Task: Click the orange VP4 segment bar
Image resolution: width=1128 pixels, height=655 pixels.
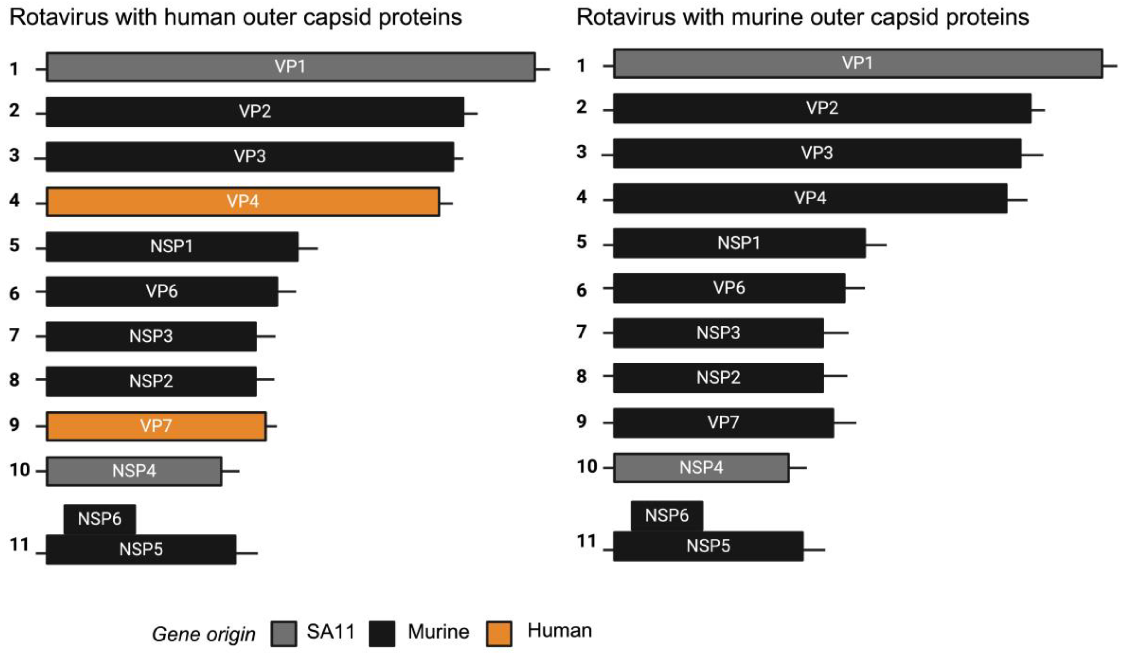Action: tap(243, 202)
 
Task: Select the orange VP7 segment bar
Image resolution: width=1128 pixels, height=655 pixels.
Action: tap(156, 426)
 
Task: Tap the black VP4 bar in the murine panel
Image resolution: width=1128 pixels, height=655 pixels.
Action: tap(810, 198)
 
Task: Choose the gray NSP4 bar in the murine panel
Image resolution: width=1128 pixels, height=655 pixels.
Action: tap(701, 467)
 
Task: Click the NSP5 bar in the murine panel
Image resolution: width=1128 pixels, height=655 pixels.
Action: tap(708, 546)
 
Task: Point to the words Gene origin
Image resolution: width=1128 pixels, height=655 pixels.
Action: tap(203, 634)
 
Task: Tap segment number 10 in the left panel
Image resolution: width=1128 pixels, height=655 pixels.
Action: tap(19, 470)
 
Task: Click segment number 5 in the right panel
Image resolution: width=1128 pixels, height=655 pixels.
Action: tap(581, 242)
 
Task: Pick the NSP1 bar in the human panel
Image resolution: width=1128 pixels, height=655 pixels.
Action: tap(172, 246)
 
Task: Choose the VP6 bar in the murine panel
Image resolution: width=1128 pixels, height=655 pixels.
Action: tap(729, 288)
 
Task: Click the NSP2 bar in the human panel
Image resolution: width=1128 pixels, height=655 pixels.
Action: tap(151, 381)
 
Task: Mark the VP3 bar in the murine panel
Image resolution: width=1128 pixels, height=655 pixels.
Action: tap(817, 153)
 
